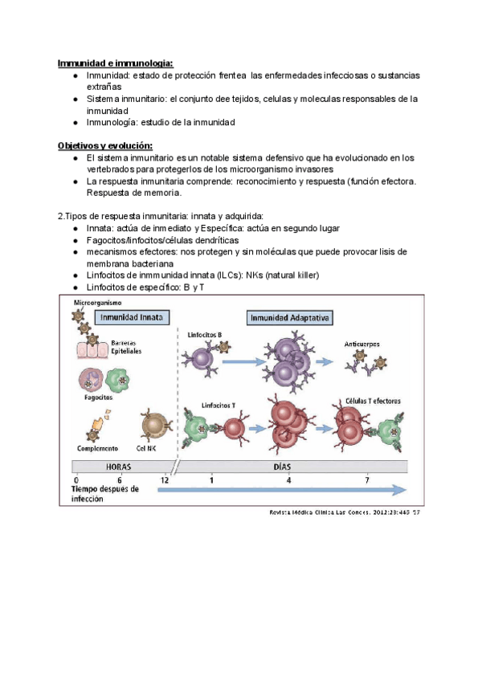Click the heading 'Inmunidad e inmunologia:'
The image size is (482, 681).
click(115, 63)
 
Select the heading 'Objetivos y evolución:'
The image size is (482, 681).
click(104, 145)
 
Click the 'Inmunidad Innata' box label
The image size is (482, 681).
click(133, 317)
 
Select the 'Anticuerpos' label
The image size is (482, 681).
click(364, 343)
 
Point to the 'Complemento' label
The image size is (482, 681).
click(98, 448)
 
